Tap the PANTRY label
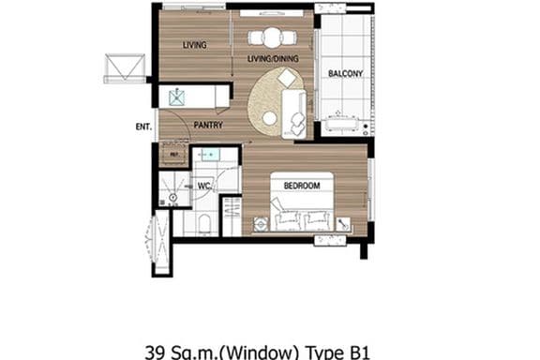point(207,124)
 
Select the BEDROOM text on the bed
point(301,186)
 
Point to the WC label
point(203,186)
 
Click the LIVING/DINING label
point(273,59)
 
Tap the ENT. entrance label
point(143,125)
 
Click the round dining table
point(272,37)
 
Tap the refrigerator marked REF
point(173,153)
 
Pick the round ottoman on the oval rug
point(270,118)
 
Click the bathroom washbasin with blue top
point(209,155)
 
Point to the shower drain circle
point(172,197)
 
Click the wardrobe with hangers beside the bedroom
point(232,216)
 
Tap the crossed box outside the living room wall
point(124,67)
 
